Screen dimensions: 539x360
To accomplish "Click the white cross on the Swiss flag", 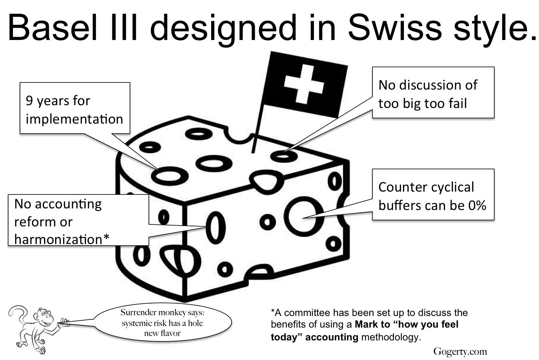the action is [303, 84].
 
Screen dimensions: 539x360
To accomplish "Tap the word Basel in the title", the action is [53, 28].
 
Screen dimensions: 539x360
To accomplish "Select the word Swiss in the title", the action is [395, 28].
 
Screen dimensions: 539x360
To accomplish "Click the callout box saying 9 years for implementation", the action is [75, 108].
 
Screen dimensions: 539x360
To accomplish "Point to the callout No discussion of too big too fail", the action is [433, 92].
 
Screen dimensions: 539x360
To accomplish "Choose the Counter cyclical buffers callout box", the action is [433, 194].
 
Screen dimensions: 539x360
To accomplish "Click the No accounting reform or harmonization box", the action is [78, 220].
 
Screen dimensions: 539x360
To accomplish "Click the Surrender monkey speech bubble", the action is [162, 322].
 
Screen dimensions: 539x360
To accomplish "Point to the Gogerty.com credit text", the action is [460, 352].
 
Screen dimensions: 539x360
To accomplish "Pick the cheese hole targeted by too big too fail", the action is [284, 156].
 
